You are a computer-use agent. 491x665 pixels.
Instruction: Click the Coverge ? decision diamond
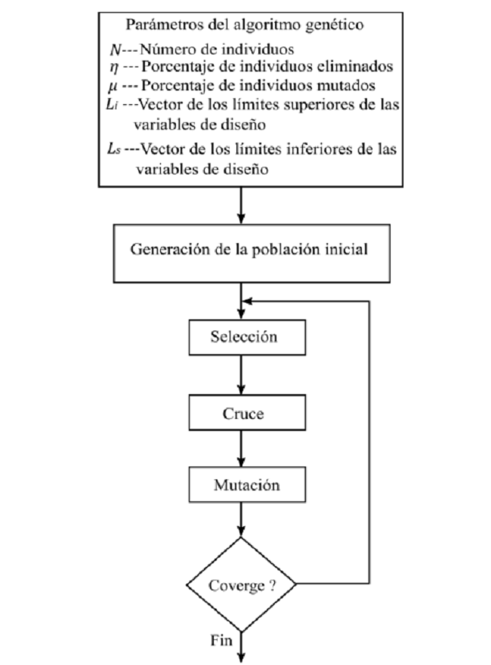(x=239, y=585)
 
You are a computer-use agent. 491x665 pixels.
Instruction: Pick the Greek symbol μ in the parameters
(x=114, y=84)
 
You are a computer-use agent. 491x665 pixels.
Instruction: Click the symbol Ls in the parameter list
(x=116, y=149)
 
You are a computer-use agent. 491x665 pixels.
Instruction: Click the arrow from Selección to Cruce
(x=239, y=374)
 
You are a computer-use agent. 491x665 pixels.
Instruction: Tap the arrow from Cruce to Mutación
(x=239, y=449)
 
